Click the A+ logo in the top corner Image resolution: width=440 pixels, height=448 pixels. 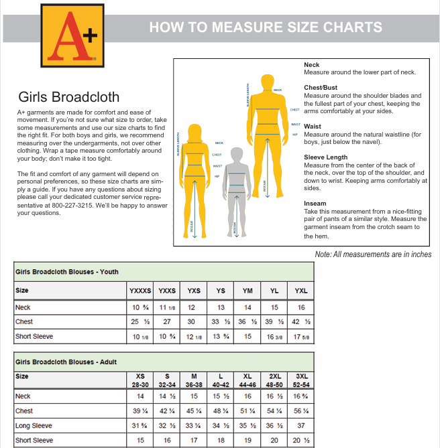coord(69,35)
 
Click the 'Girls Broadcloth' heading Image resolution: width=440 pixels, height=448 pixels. coord(69,96)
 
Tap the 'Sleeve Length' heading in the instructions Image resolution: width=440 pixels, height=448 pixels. coord(326,157)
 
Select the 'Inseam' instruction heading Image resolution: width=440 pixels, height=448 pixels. coord(315,204)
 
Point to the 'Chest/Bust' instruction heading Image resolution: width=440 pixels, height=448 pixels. coord(321,88)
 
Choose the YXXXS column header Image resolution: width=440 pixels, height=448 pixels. coord(140,291)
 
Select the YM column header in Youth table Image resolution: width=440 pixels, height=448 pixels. coord(248,291)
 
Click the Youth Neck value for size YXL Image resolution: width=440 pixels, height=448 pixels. coord(301,307)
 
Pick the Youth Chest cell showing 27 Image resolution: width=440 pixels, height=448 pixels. coord(167,322)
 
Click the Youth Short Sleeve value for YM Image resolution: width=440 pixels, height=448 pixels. coord(248,337)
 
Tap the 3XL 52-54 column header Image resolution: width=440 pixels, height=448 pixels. coord(301,380)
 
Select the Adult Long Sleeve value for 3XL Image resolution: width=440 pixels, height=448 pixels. coord(301,426)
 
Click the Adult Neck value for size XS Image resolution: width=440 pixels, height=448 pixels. coord(140,396)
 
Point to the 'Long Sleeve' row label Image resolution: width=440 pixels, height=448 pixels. coord(34,426)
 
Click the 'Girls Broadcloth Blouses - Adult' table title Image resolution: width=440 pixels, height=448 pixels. coord(66,362)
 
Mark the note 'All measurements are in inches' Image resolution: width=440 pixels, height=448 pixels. coord(373,254)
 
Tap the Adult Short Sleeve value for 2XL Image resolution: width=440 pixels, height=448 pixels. coord(274,441)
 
